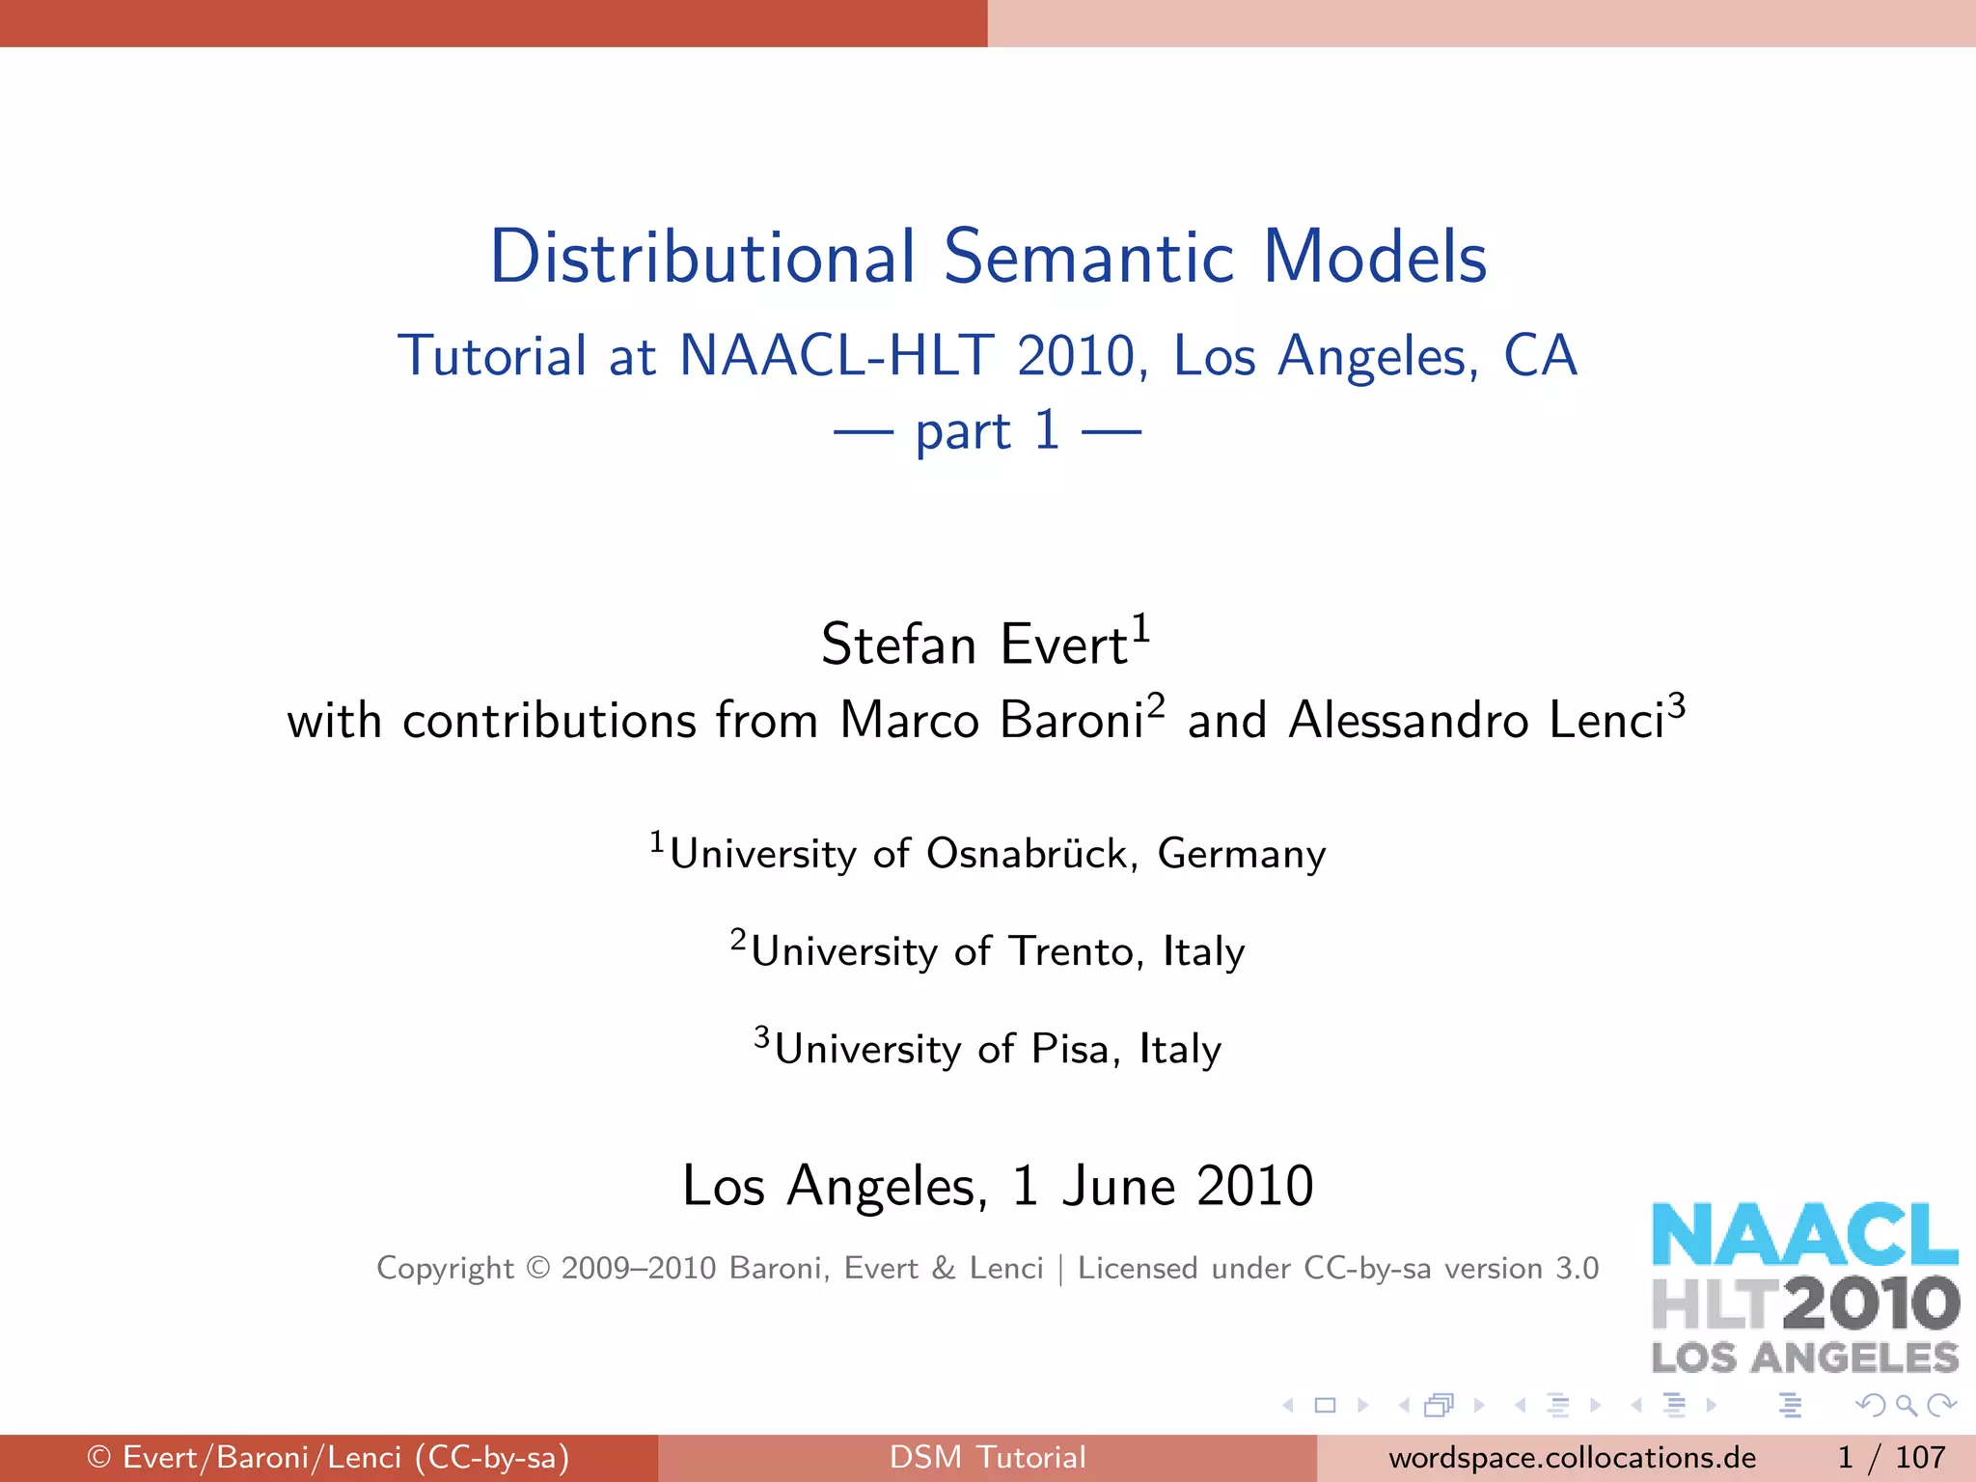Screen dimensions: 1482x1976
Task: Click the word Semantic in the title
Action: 1088,258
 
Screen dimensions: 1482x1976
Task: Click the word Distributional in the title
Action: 702,258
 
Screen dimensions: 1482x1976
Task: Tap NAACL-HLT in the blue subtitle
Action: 837,356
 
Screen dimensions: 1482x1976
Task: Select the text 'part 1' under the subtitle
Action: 988,430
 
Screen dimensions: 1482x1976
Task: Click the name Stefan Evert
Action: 974,645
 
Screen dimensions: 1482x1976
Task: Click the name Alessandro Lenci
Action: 1476,721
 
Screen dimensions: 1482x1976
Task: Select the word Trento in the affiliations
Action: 1070,951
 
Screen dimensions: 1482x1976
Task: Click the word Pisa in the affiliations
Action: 1069,1049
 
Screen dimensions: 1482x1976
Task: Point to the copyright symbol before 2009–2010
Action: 537,1268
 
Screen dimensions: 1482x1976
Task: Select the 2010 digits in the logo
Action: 1871,1303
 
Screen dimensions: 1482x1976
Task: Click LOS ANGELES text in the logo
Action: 1804,1358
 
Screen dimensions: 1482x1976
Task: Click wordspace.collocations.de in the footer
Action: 1572,1457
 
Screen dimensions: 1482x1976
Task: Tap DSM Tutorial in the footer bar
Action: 988,1457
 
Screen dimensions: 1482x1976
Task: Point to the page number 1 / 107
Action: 1891,1457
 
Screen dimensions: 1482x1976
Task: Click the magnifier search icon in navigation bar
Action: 1906,1405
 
